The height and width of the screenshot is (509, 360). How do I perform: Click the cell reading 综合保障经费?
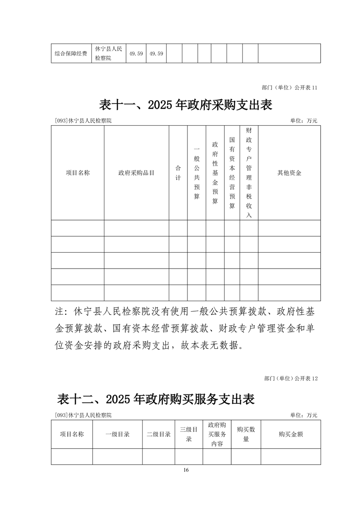[x=71, y=54]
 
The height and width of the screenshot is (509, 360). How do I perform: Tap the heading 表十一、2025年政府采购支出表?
[x=185, y=105]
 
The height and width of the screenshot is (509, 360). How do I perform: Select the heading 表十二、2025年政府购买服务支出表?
[x=156, y=399]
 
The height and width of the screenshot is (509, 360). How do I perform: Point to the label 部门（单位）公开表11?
[x=290, y=88]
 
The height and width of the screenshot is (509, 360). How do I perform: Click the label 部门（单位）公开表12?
[x=290, y=378]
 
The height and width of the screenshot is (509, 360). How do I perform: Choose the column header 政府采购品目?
[x=136, y=173]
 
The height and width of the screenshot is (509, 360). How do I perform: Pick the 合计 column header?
[x=178, y=173]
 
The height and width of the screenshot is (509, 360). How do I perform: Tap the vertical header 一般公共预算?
[x=197, y=173]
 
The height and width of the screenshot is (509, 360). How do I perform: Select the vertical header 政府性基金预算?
[x=215, y=173]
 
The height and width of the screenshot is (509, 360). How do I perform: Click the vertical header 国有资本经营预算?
[x=232, y=173]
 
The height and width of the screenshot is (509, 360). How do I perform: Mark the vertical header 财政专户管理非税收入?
[x=249, y=173]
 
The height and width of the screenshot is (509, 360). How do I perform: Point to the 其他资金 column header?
[x=289, y=173]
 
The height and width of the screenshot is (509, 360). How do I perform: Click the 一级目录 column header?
[x=118, y=434]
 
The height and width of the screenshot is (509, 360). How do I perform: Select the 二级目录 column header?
[x=158, y=434]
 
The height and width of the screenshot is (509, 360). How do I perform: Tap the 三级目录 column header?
[x=188, y=434]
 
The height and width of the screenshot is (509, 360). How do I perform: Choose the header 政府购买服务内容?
[x=217, y=434]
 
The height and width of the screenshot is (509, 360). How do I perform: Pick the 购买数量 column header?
[x=246, y=434]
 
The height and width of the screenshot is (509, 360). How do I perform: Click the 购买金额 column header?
[x=291, y=434]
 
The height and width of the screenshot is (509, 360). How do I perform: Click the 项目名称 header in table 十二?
[x=72, y=434]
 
